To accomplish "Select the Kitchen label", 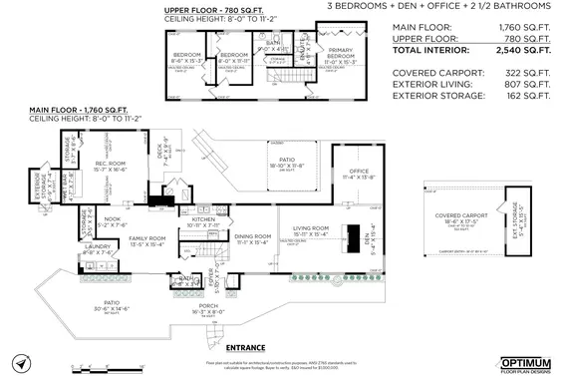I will click(202, 218).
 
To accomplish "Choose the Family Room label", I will click(146, 238).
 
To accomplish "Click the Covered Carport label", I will click(459, 215).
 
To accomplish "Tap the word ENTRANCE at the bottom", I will click(246, 347).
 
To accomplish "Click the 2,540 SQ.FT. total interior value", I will click(524, 50).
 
